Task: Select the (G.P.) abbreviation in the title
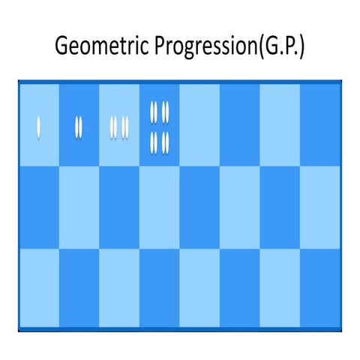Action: tap(275, 48)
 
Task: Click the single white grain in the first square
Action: tap(38, 127)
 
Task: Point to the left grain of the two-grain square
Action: tap(75, 127)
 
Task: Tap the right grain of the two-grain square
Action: tap(80, 127)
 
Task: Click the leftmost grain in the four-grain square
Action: tap(111, 127)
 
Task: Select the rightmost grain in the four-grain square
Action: tap(127, 127)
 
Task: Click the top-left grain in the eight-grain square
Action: tap(152, 112)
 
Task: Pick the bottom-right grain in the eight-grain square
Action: tap(167, 141)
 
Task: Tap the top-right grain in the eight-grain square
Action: tap(167, 112)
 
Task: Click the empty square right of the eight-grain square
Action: tap(199, 124)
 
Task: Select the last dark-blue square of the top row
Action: tap(320, 124)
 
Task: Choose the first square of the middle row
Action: tap(38, 206)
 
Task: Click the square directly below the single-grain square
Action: tap(38, 206)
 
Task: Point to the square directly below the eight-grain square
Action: tap(159, 206)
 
